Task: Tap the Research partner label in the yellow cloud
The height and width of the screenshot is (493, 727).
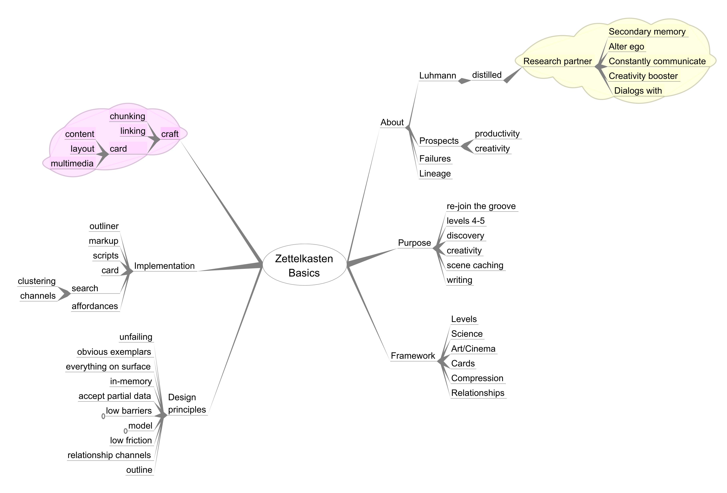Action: click(x=557, y=61)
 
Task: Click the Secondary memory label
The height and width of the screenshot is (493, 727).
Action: click(x=647, y=32)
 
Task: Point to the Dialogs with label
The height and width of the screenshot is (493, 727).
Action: click(x=638, y=91)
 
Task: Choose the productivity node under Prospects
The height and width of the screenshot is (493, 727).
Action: click(x=497, y=134)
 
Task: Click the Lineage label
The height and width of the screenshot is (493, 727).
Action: click(x=435, y=174)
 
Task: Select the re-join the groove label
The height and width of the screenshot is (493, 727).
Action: click(x=481, y=206)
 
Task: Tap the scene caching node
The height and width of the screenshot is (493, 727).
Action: click(x=475, y=266)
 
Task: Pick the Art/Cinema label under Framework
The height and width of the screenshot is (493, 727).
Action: click(x=473, y=349)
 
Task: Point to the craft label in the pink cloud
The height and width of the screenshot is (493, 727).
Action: click(x=170, y=134)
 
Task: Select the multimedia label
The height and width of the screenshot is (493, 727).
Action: click(x=72, y=163)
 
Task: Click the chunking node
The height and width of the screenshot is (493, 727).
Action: click(x=127, y=116)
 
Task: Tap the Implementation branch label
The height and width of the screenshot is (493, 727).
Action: click(x=164, y=266)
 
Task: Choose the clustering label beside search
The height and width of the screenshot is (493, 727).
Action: click(x=37, y=281)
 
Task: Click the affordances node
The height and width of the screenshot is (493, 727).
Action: click(x=95, y=306)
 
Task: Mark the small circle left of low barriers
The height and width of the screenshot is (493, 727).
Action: click(x=103, y=416)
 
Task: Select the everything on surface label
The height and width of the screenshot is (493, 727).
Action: click(x=108, y=367)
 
